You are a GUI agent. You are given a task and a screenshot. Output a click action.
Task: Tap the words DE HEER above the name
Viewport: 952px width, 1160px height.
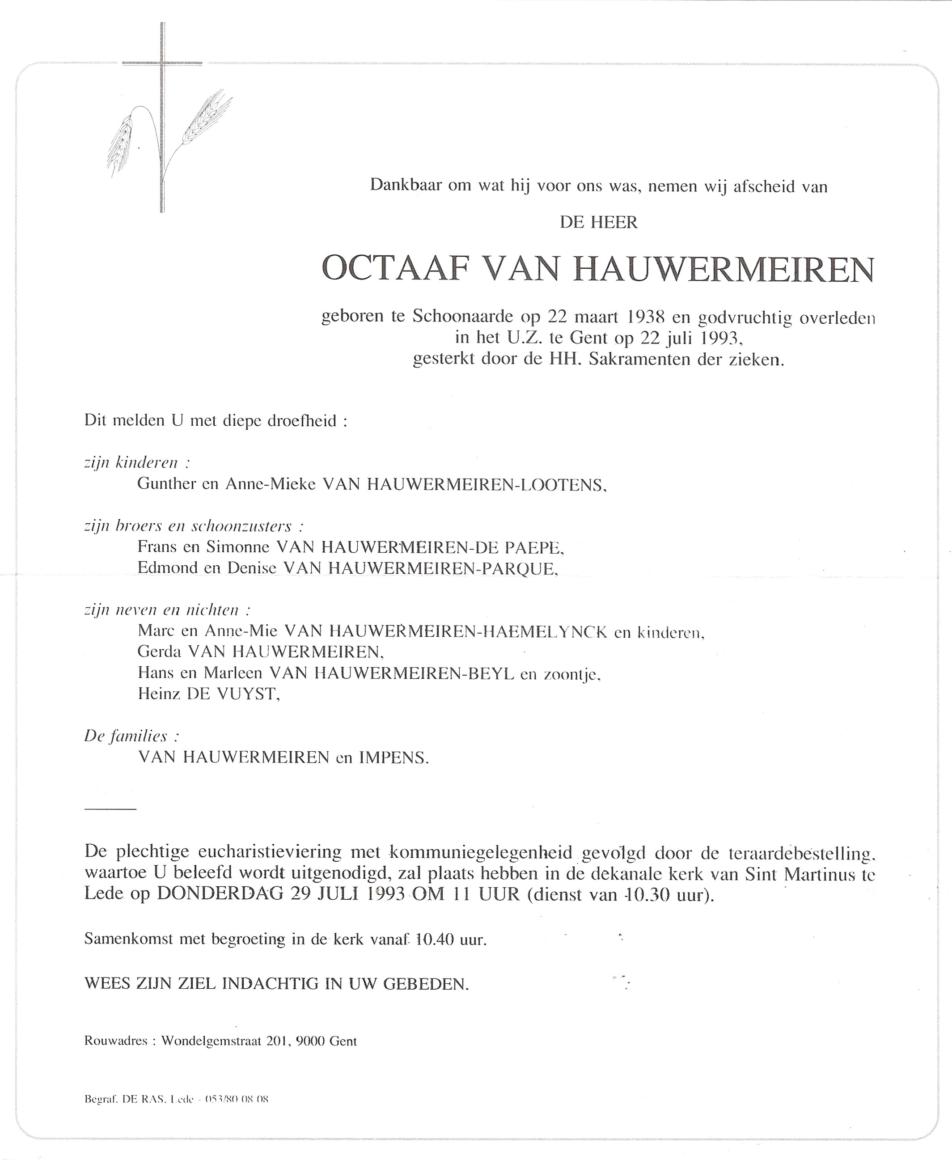[598, 223]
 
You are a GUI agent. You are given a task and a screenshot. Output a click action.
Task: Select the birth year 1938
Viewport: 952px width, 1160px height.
[646, 317]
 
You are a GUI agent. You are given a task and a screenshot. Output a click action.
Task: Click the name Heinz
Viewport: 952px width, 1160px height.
[159, 694]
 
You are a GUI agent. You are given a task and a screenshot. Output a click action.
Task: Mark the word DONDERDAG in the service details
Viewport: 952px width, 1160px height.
[220, 894]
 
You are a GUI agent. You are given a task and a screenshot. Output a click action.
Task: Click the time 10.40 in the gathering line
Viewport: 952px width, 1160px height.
[436, 940]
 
